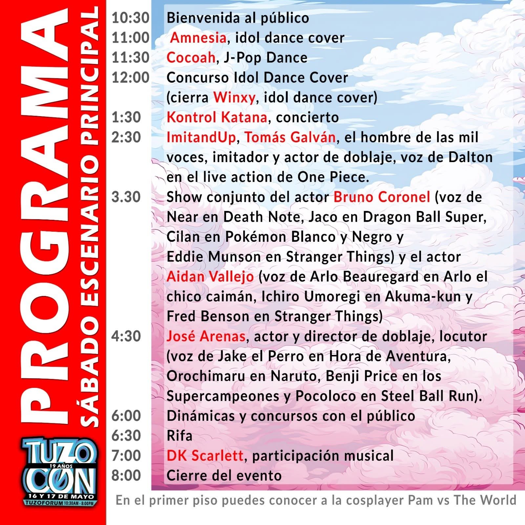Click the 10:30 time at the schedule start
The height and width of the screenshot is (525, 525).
(x=131, y=18)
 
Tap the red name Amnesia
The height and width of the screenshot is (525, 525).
(x=198, y=38)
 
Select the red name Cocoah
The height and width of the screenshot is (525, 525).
(x=191, y=58)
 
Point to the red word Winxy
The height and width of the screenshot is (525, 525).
(x=234, y=97)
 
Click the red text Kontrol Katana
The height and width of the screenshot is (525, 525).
(x=217, y=117)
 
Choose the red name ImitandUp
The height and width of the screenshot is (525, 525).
(x=201, y=137)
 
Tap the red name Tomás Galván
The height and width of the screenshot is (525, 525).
(x=290, y=137)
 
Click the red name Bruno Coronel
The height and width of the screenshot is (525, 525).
(x=382, y=197)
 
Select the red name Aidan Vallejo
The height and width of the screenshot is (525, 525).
(x=210, y=277)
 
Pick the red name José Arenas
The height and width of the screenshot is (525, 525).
(x=206, y=336)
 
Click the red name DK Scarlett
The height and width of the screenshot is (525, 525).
(x=205, y=456)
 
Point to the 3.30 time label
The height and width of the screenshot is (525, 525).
(x=126, y=197)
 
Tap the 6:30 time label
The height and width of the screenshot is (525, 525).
(x=126, y=436)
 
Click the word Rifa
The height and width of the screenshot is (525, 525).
(x=179, y=436)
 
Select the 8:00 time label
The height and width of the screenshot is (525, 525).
(x=126, y=476)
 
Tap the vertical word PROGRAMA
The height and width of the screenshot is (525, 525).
(x=44, y=217)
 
